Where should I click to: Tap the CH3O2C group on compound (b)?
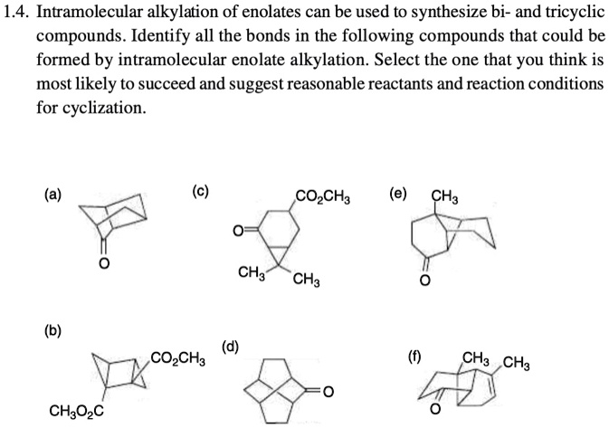click(75, 413)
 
